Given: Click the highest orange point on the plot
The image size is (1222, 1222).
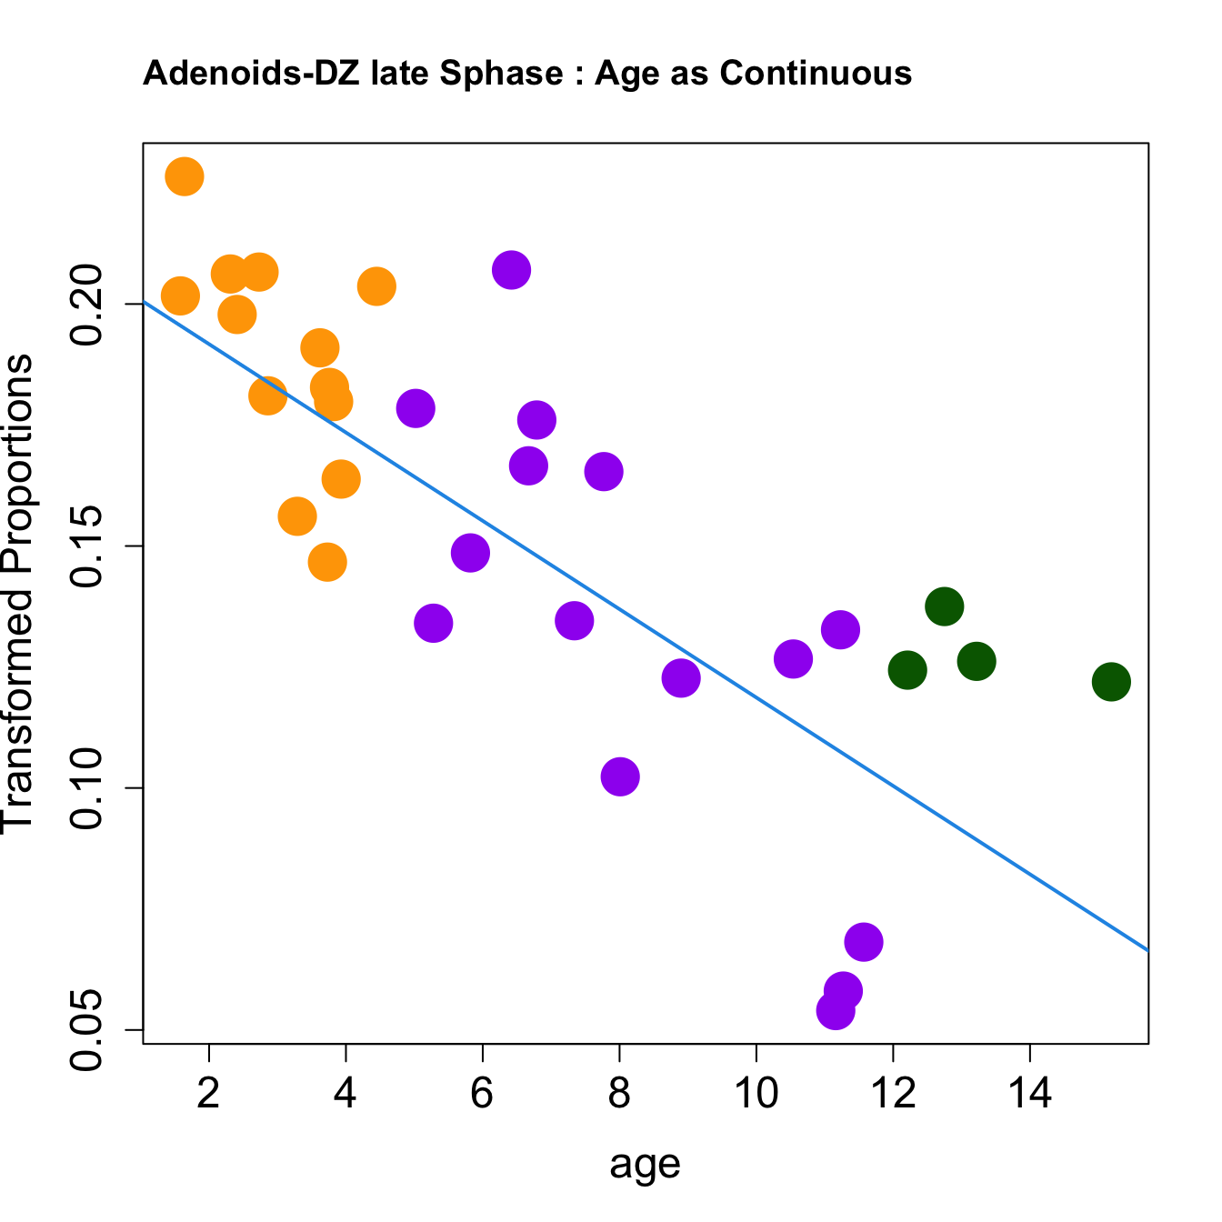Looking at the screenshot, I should pos(184,176).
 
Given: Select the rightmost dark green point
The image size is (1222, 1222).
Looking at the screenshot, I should pos(1111,682).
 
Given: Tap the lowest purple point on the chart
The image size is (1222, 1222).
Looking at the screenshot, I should pos(835,1010).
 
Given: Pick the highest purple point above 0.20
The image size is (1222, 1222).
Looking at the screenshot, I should pos(512,270).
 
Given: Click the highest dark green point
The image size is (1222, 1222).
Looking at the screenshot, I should pos(945,606).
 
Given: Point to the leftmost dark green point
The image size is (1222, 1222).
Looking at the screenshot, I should pos(907,670).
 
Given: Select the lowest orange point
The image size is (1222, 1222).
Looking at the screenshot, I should pos(327,563).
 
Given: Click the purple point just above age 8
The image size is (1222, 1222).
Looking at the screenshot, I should pos(620,776).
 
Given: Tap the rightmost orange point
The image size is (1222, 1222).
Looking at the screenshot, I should pos(376,287).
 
